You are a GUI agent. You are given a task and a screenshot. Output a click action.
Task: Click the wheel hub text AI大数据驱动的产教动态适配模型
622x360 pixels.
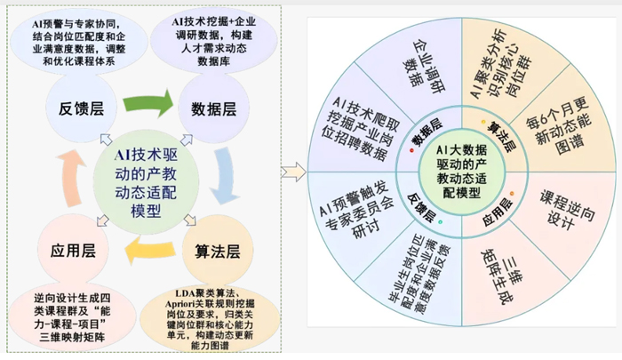point(461,172)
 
